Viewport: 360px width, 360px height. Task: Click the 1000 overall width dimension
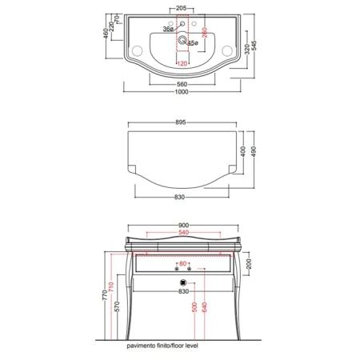tap(182, 92)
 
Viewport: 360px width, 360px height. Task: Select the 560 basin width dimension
tap(182, 84)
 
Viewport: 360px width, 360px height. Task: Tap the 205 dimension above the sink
tap(182, 8)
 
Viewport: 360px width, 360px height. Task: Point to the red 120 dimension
tap(182, 63)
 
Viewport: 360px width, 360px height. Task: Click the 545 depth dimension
tap(254, 46)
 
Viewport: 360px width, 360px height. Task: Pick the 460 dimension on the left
tap(106, 34)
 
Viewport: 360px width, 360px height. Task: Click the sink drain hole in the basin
tap(182, 40)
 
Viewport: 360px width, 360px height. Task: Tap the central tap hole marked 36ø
tap(182, 24)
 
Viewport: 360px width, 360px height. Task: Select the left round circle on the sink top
tap(138, 50)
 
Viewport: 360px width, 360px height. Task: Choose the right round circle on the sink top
tap(227, 50)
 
